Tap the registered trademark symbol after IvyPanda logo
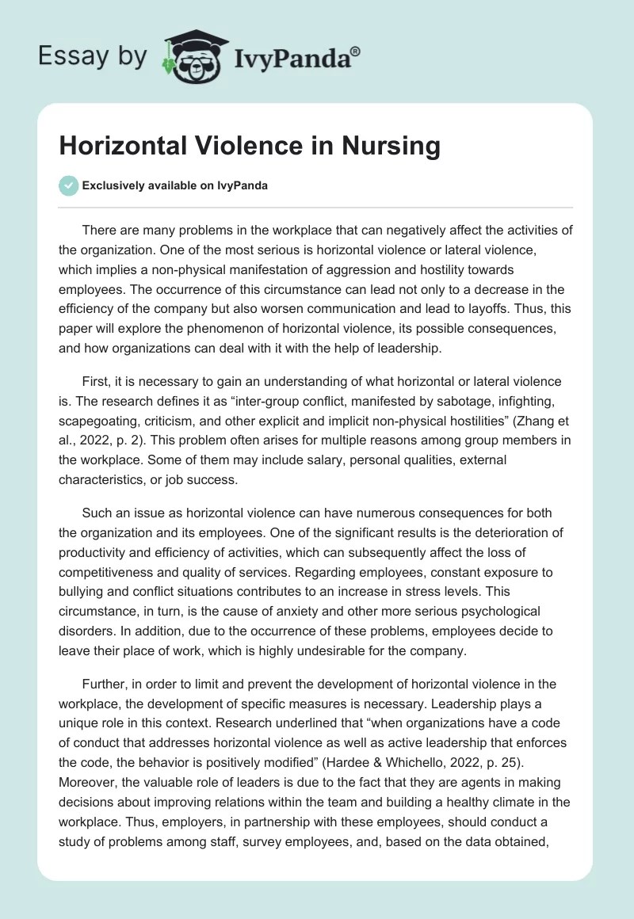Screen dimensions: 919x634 pos(356,51)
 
